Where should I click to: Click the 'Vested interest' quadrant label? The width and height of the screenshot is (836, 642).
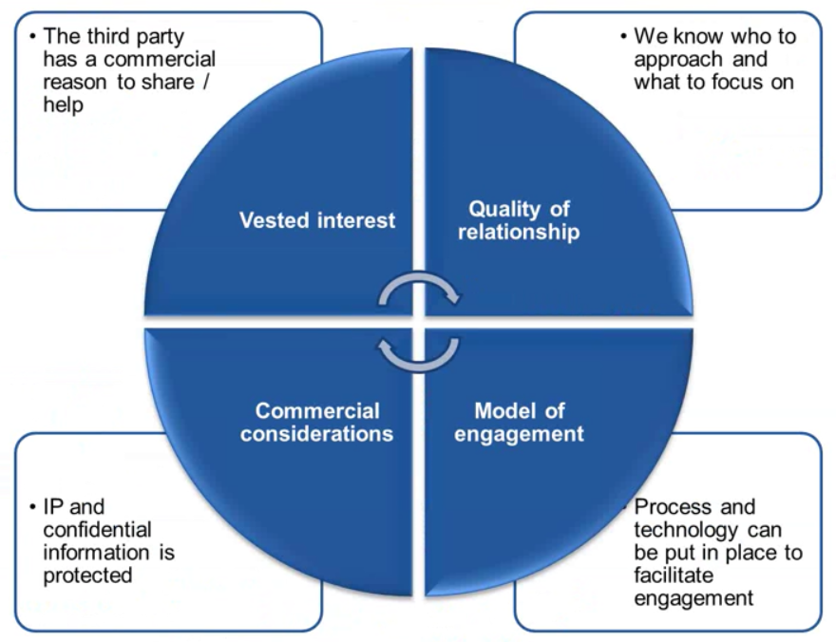tap(316, 220)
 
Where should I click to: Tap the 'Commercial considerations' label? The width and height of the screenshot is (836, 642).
tap(316, 423)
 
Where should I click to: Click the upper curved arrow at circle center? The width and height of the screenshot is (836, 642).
tap(419, 291)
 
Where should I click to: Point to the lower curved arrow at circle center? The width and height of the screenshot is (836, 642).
tap(419, 352)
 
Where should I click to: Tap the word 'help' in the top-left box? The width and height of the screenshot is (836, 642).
tap(62, 105)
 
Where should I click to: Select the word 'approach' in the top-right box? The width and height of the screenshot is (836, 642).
tap(674, 59)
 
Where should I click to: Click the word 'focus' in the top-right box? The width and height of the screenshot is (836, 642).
tap(741, 83)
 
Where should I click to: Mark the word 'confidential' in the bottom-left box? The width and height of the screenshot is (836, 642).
tap(97, 529)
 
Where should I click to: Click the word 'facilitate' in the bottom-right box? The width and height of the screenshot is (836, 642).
tap(672, 576)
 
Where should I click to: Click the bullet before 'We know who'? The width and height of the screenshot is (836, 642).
tap(623, 37)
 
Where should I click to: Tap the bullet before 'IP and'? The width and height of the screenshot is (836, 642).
tap(32, 507)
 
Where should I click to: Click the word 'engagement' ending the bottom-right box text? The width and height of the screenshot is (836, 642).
tap(693, 598)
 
